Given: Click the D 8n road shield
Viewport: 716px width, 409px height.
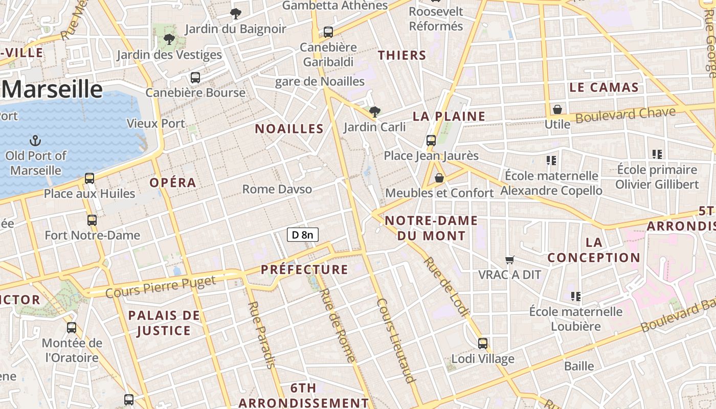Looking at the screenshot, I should click(303, 235).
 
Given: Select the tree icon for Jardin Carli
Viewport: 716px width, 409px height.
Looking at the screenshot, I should click(375, 111).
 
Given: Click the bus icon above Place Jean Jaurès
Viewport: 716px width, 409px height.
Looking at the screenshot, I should click(431, 140).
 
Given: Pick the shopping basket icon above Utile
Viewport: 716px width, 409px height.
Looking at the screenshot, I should click(557, 109).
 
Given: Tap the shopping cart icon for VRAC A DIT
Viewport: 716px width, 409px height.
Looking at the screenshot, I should click(509, 260).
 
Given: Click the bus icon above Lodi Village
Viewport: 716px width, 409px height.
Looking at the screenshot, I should click(482, 343).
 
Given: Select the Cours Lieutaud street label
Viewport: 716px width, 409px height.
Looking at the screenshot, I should click(395, 340).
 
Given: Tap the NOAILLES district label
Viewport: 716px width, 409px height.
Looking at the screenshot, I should click(289, 129).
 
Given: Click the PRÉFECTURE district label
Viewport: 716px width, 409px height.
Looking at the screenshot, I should click(304, 269).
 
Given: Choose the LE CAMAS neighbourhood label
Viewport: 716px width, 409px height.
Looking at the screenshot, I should click(604, 87).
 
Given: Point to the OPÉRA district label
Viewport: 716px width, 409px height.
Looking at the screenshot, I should click(173, 183).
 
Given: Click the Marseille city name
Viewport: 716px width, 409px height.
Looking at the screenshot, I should click(53, 89).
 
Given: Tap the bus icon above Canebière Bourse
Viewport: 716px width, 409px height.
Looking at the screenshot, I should click(195, 78).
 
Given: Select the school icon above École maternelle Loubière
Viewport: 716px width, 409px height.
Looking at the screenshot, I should click(576, 296).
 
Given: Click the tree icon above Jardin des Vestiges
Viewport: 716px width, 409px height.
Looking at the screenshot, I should click(169, 39).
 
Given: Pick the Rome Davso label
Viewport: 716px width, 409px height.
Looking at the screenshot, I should click(277, 189).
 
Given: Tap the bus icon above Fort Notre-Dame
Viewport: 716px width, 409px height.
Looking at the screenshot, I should click(92, 220).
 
